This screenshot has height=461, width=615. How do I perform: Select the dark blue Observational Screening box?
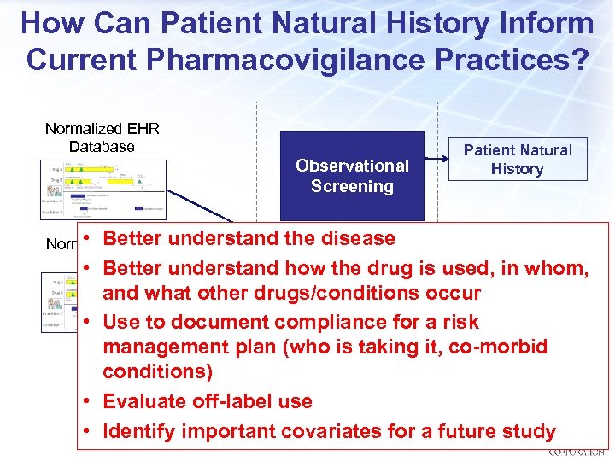tap(352, 176)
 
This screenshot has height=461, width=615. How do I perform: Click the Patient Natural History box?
tap(518, 160)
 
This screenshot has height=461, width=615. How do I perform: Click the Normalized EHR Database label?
tap(102, 137)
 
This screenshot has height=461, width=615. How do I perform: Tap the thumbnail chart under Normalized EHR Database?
tap(102, 190)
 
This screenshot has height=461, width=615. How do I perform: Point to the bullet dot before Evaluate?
tap(89, 401)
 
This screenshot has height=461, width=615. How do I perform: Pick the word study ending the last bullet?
tap(531, 432)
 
